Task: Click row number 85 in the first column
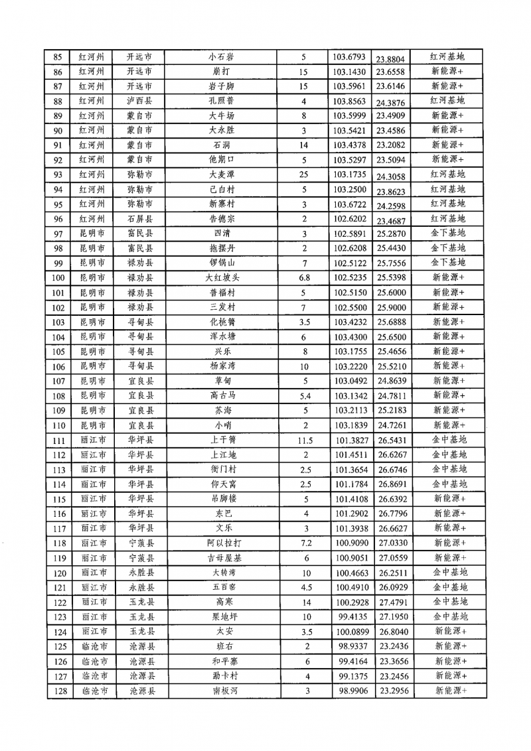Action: tap(57, 57)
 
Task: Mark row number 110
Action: tap(57, 425)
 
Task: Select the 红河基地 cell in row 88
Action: tap(447, 101)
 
